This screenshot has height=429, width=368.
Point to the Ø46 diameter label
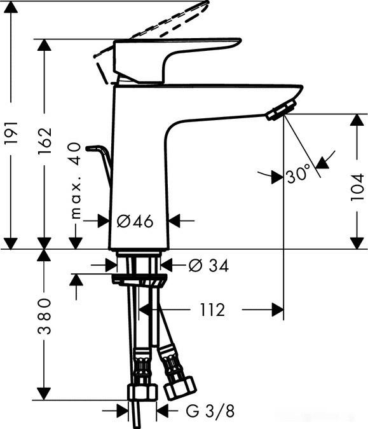click(135, 221)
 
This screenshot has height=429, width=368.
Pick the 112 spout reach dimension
click(212, 310)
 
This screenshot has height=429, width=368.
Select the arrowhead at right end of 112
click(277, 310)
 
